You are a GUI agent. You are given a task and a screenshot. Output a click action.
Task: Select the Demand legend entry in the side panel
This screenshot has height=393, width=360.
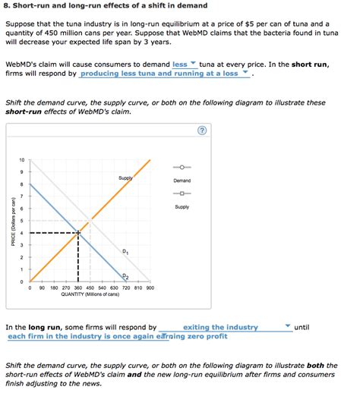click(182, 168)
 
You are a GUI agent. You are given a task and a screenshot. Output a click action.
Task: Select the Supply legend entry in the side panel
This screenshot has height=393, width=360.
click(182, 193)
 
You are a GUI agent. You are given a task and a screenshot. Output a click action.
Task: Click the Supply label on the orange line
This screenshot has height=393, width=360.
click(125, 178)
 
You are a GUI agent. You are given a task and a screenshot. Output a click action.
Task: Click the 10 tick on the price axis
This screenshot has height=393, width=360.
click(21, 160)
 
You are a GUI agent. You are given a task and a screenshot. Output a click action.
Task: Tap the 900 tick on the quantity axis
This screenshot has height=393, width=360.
click(150, 288)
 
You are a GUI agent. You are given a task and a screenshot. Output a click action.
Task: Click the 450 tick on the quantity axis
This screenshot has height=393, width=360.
click(90, 288)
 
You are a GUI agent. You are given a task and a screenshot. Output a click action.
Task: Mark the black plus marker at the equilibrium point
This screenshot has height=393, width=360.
click(77, 233)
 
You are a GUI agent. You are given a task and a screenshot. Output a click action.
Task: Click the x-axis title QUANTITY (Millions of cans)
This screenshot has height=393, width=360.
click(90, 295)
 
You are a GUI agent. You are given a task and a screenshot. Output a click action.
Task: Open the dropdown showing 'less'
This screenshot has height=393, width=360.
click(185, 64)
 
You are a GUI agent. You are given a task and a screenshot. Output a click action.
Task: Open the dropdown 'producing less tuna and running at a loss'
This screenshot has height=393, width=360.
click(166, 74)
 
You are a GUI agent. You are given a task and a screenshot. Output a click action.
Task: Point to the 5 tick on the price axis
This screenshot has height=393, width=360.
click(21, 221)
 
